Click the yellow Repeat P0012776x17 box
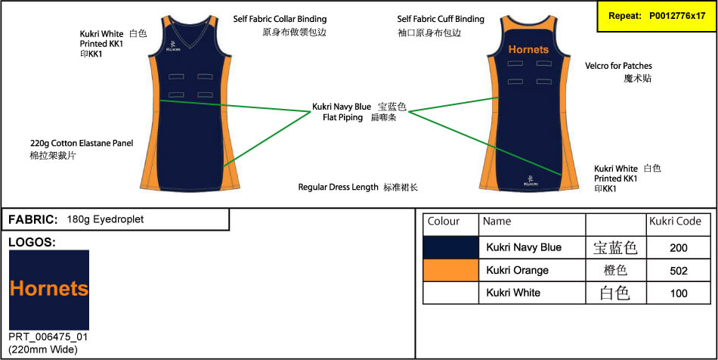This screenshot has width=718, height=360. pyautogui.click(x=656, y=16)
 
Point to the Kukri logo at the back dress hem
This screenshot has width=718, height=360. pyautogui.click(x=531, y=181)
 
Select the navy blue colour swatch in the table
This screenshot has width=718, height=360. pyautogui.click(x=450, y=247)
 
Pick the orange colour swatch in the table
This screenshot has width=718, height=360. pyautogui.click(x=450, y=270)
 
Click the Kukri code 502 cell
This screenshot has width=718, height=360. pyautogui.click(x=678, y=270)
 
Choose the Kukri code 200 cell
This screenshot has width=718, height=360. pyautogui.click(x=678, y=247)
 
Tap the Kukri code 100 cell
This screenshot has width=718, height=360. pyautogui.click(x=678, y=293)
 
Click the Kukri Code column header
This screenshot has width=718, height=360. pyautogui.click(x=675, y=222)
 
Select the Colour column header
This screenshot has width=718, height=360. pyautogui.click(x=444, y=222)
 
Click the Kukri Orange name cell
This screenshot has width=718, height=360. pyautogui.click(x=518, y=270)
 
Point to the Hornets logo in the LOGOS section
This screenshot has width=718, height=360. pyautogui.click(x=49, y=289)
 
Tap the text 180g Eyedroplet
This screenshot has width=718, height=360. pyautogui.click(x=105, y=219)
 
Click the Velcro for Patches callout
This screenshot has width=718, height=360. pyautogui.click(x=618, y=66)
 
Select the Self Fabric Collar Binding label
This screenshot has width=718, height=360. pyautogui.click(x=280, y=18)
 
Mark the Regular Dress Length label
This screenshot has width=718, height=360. pyautogui.click(x=338, y=187)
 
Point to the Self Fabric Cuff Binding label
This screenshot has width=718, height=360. pyautogui.click(x=441, y=18)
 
